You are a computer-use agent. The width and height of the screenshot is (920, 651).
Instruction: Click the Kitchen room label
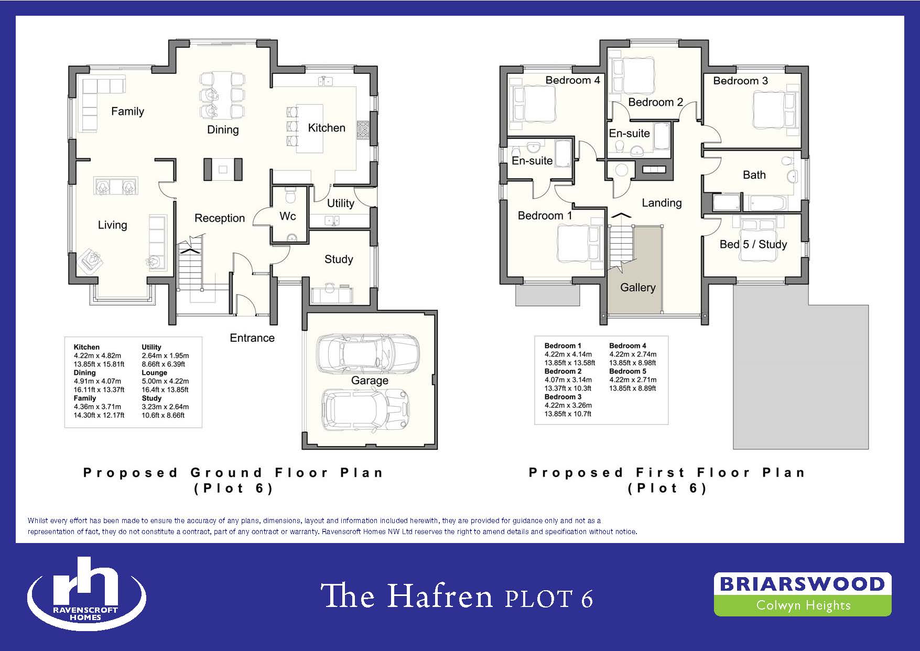pyautogui.click(x=327, y=128)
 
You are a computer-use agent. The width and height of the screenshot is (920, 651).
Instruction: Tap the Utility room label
pyautogui.click(x=340, y=203)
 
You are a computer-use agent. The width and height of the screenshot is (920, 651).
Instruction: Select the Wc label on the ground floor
pyautogui.click(x=288, y=216)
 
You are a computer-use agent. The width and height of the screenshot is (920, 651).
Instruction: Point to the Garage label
pyautogui.click(x=370, y=381)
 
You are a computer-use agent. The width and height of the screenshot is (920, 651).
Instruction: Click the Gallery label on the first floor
pyautogui.click(x=638, y=287)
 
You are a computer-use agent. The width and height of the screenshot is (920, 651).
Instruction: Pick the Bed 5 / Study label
pyautogui.click(x=753, y=244)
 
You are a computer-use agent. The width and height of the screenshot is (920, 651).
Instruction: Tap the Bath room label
pyautogui.click(x=754, y=175)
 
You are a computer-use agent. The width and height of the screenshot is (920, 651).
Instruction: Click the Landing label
pyautogui.click(x=662, y=203)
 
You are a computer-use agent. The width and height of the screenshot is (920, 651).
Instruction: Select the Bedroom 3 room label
pyautogui.click(x=740, y=81)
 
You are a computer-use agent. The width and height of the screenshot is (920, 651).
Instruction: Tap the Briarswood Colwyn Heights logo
pyautogui.click(x=803, y=594)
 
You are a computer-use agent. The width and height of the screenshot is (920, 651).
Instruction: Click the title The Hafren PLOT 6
pyautogui.click(x=457, y=596)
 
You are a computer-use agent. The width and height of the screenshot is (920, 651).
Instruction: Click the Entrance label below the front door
pyautogui.click(x=252, y=338)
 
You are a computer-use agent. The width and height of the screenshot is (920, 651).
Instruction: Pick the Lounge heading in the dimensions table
pyautogui.click(x=154, y=373)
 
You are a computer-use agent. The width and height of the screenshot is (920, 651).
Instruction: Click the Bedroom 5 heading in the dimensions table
pyautogui.click(x=628, y=371)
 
